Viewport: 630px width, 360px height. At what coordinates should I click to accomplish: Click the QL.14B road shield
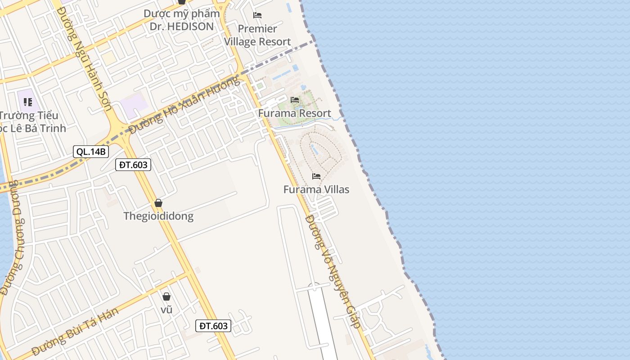[x=91, y=152]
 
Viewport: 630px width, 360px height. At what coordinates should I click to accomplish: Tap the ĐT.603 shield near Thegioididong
[x=133, y=165]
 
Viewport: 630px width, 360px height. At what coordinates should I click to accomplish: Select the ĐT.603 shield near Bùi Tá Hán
[x=213, y=326]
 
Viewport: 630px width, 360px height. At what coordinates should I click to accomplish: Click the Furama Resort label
[x=294, y=113]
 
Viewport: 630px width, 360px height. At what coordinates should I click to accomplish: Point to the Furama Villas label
[x=316, y=189]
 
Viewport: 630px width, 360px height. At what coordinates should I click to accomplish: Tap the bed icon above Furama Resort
[x=295, y=100]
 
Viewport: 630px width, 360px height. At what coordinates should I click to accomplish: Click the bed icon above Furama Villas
[x=316, y=176]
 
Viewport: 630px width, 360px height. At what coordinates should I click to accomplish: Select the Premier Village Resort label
[x=257, y=35]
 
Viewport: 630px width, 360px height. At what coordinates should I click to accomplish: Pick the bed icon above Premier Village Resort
[x=257, y=15]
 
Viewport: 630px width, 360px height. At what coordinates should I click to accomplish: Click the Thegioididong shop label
[x=158, y=216]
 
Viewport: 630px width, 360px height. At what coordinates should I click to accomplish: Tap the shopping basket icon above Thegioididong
[x=158, y=203]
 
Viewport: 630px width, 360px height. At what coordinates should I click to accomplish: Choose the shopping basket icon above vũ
[x=166, y=297]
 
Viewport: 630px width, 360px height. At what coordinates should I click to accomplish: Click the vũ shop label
[x=166, y=310]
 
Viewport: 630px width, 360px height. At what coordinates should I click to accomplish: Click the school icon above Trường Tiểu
[x=28, y=102]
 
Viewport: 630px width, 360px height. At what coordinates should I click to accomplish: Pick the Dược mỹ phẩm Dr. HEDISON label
[x=182, y=20]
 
